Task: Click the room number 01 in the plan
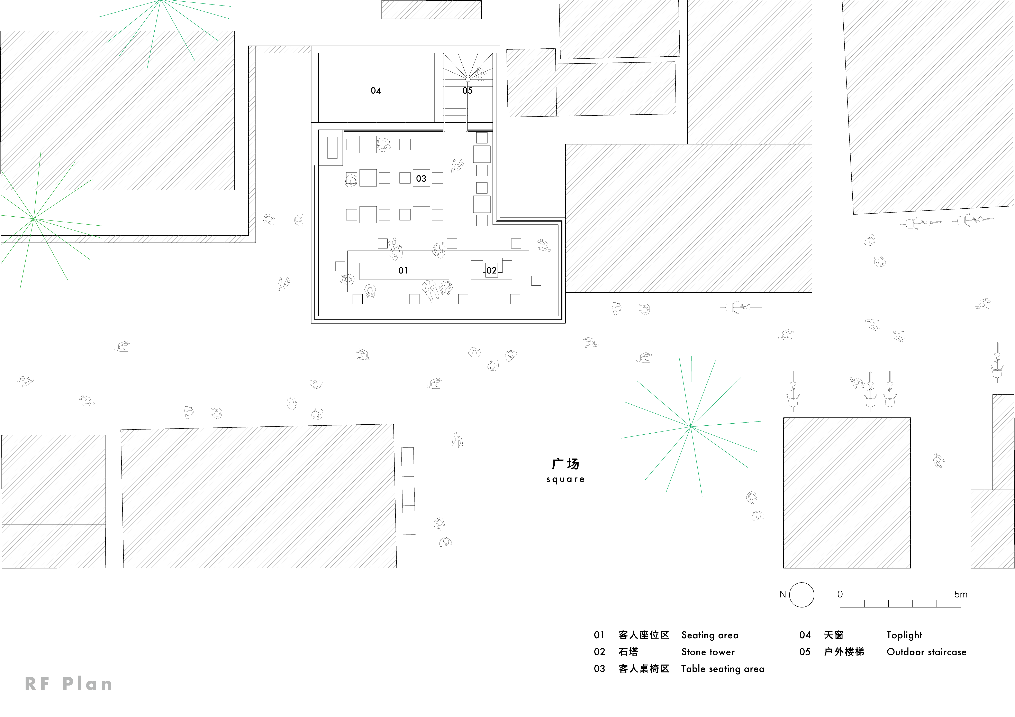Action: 403,270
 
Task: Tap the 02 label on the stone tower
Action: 491,270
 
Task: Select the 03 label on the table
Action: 421,178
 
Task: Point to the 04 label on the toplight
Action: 376,91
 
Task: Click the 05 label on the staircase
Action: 467,91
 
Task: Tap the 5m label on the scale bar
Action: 961,594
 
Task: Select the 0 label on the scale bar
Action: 840,594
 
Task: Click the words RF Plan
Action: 69,684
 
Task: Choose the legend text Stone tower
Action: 708,652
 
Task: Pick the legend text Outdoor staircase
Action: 927,652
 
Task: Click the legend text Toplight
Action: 904,635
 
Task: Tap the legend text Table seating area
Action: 722,669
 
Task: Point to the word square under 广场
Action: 565,479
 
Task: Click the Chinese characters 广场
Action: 565,464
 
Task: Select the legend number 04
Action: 805,635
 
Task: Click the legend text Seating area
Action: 709,635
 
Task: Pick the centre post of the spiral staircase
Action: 468,79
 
